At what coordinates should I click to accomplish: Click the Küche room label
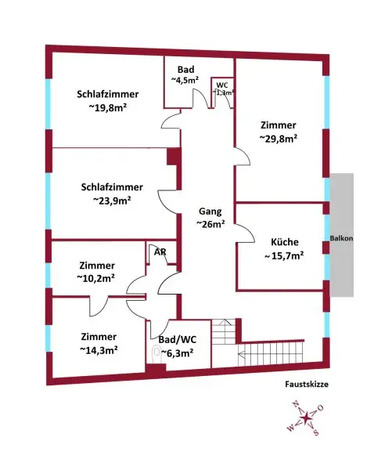point(282,242)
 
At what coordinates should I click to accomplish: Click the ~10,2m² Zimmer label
point(96,277)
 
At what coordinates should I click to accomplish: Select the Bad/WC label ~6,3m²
point(176,352)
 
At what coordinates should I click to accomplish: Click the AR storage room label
point(160,252)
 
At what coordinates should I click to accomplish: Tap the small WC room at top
point(223,88)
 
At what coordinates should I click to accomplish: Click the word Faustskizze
point(307,385)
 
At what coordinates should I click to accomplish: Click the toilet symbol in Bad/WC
point(156,353)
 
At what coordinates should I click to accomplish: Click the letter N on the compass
point(295,404)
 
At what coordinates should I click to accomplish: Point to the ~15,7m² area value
point(282,255)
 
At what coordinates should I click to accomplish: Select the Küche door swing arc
point(244,235)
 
